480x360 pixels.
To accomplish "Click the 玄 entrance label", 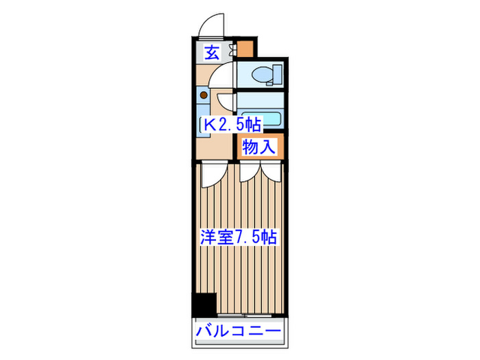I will tap(213, 52).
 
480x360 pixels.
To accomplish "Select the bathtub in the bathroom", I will tap(261, 119).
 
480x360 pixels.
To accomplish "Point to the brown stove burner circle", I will tap(204, 95).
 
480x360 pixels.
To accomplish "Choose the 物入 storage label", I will tap(259, 146).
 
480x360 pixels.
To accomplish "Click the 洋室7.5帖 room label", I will tap(238, 238).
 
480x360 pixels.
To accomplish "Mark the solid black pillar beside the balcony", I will tap(204, 304).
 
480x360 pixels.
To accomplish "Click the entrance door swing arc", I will tap(211, 25).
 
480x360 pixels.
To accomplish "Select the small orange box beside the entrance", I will tap(245, 48).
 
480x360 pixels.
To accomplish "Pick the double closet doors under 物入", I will tap(260, 169).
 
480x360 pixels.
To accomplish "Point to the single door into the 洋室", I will tap(213, 171).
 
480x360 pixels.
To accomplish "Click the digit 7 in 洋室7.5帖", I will tap(241, 238).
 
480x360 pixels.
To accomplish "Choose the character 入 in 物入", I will tap(268, 146).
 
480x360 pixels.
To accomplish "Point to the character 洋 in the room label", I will tap(208, 238).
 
